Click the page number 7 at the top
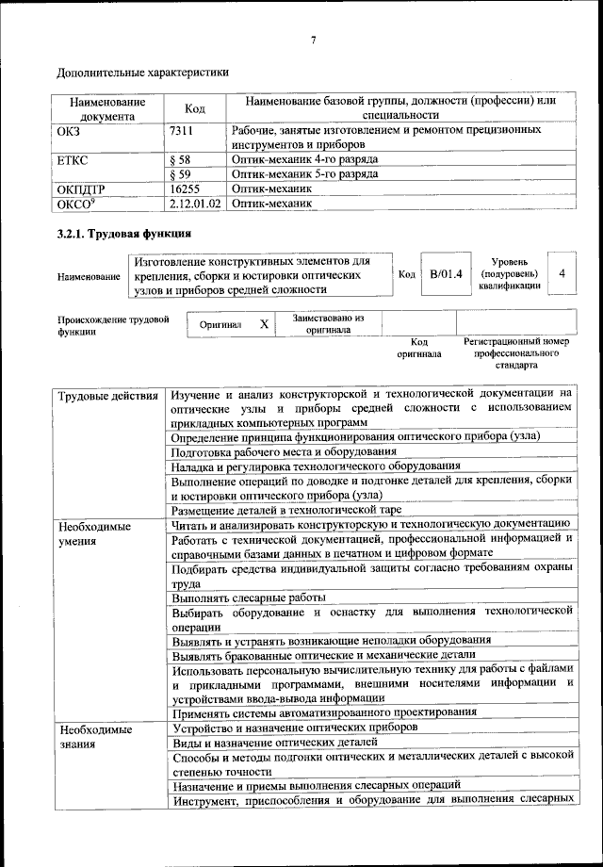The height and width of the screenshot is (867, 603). point(313,39)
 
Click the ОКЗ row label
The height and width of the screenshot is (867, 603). point(72,130)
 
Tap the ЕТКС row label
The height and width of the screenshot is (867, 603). point(75,160)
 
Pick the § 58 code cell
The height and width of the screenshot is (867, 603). point(181,160)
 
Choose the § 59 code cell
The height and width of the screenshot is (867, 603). point(181,174)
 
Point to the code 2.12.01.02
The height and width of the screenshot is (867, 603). point(195,203)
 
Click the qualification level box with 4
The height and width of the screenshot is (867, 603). point(562,273)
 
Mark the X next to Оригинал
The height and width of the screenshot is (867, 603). point(264,324)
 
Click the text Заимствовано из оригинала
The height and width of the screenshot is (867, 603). point(328,324)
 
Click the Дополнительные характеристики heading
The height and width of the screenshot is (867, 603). point(142,72)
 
